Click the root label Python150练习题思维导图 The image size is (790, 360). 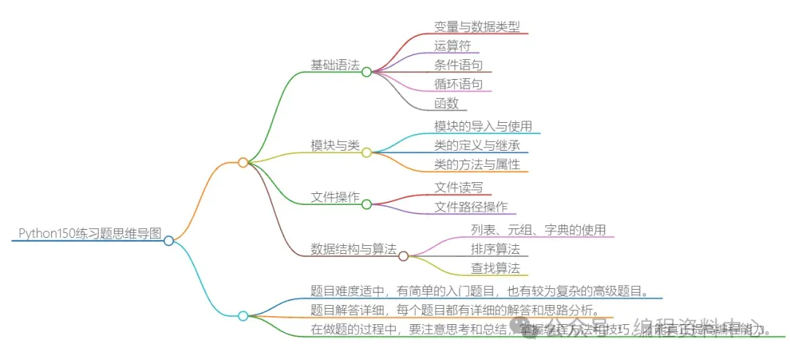pos(89,233)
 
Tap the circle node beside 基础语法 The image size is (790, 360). pos(366,72)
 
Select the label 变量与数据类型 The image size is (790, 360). pos(476,26)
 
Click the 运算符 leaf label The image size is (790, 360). pos(453,45)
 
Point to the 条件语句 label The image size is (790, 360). pos(459,65)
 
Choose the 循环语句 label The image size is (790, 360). pos(459,84)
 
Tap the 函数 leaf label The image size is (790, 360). pos(447,103)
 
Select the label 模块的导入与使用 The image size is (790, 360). pos(483,126)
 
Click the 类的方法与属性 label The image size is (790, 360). pos(477,164)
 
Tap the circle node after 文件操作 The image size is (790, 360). pos(366,204)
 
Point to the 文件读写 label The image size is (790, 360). pos(459,187)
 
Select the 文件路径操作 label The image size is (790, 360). pos(471,207)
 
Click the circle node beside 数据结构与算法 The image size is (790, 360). pos(403,255)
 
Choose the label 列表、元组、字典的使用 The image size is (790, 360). pos(538,230)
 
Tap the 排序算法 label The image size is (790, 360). pos(495,249)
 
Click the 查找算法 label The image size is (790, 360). pos(495,268)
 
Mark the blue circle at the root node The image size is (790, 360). pos(169,241)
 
